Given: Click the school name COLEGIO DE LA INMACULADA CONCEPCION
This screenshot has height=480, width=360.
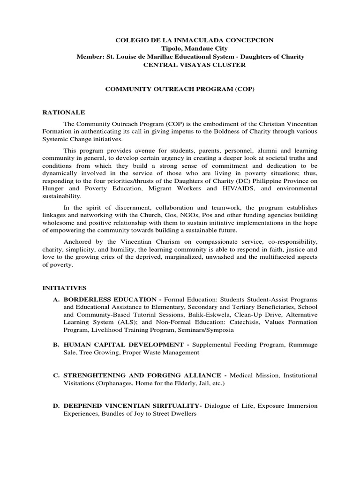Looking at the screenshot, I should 195,41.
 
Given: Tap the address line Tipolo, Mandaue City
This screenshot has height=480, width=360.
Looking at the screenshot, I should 195,49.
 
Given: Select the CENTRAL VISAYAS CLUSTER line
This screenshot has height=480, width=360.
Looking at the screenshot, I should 194,65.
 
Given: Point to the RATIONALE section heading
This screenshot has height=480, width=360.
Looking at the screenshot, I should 64,113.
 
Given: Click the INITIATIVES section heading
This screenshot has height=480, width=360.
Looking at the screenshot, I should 65,288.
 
